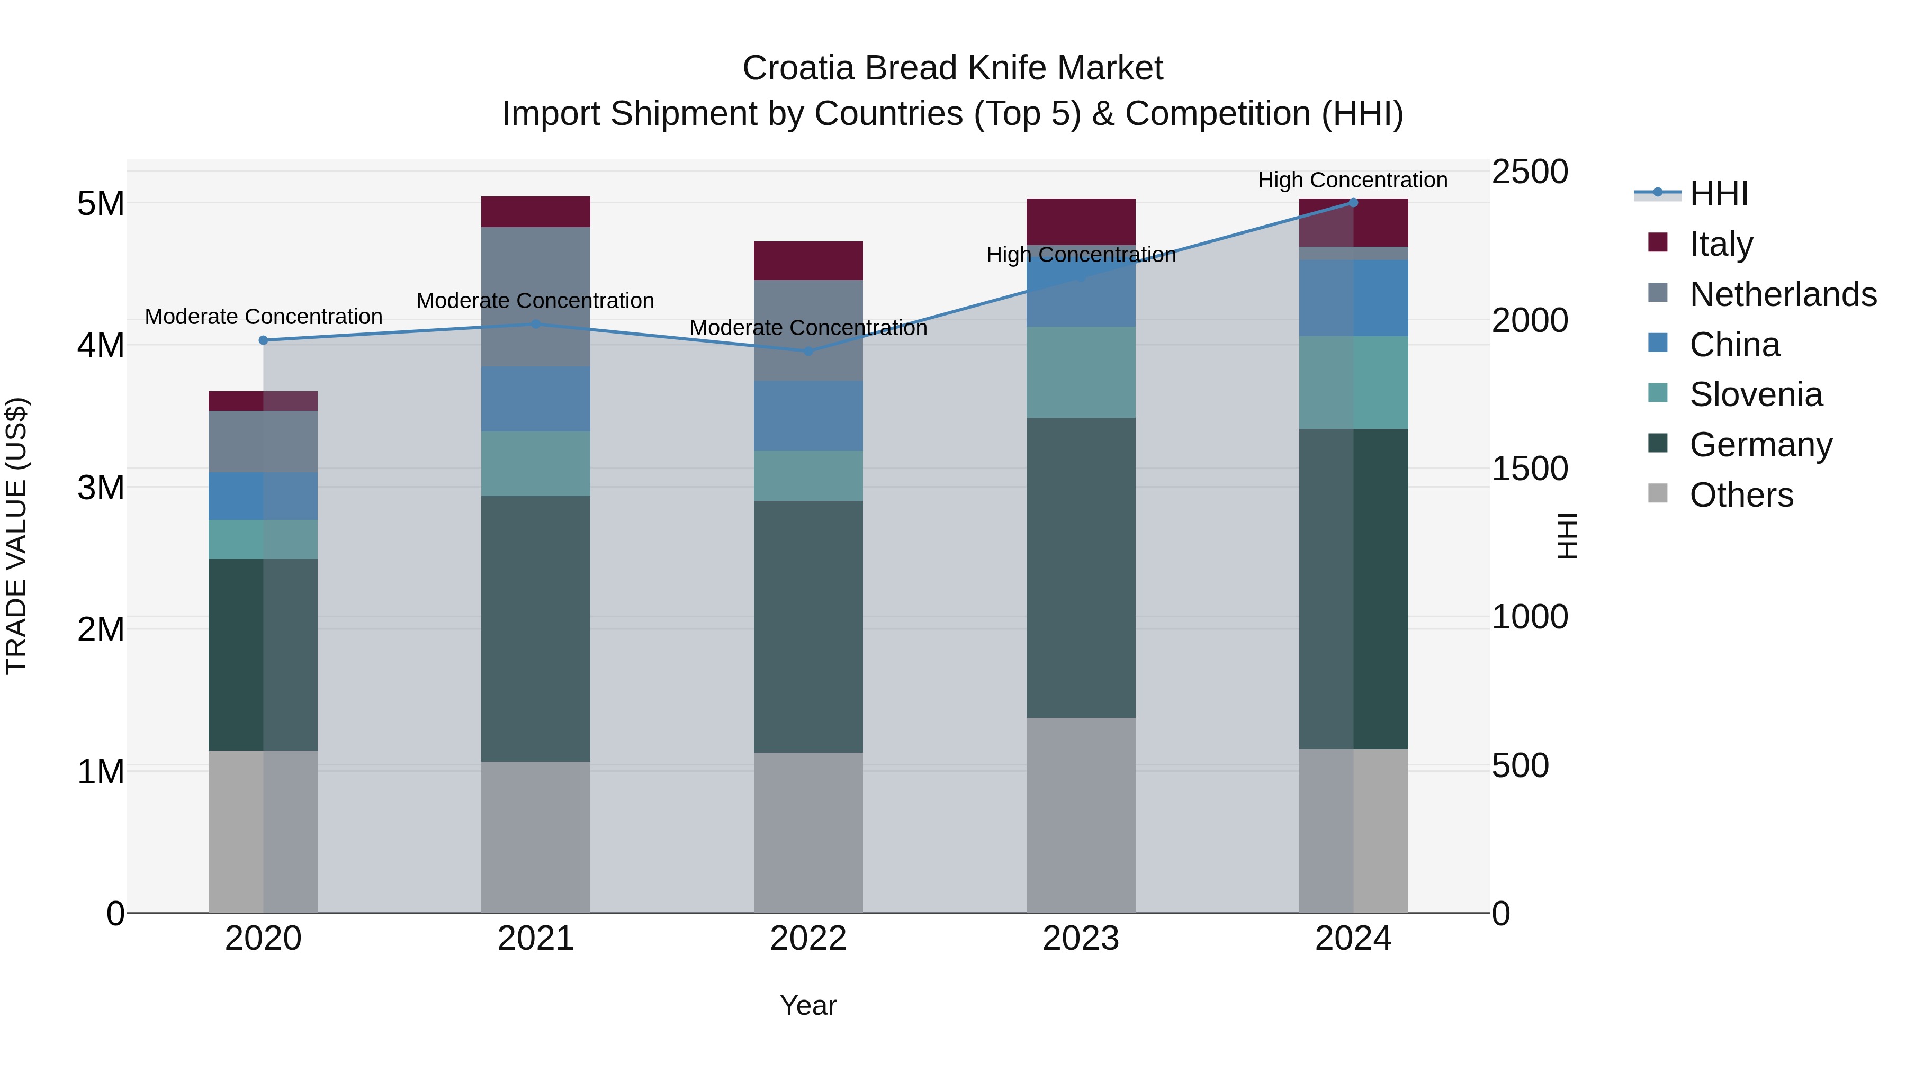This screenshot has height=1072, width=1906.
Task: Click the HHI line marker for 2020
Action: tap(264, 340)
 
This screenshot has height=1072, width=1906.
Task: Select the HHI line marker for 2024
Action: tap(1353, 203)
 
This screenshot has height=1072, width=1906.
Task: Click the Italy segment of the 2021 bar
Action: tap(536, 212)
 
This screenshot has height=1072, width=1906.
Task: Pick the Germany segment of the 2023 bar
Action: tap(1081, 567)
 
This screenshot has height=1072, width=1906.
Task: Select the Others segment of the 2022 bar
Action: tap(808, 832)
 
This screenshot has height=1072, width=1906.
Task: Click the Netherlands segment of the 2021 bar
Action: tap(536, 296)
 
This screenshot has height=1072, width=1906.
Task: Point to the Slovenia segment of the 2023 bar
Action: tap(1081, 372)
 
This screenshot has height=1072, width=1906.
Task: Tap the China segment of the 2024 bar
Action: tap(1353, 298)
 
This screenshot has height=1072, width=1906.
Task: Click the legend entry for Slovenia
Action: tap(1756, 394)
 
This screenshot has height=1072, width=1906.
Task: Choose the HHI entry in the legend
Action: tap(1718, 194)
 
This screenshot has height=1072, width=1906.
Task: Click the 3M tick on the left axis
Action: tap(101, 488)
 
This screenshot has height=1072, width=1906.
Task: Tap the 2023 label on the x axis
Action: tap(1081, 939)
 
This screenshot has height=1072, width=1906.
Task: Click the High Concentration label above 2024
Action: tap(1353, 180)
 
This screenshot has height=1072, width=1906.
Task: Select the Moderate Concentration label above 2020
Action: tap(264, 317)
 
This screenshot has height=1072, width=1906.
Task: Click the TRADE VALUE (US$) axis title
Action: tap(16, 536)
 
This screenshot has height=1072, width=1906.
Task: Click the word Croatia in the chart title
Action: tap(798, 68)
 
